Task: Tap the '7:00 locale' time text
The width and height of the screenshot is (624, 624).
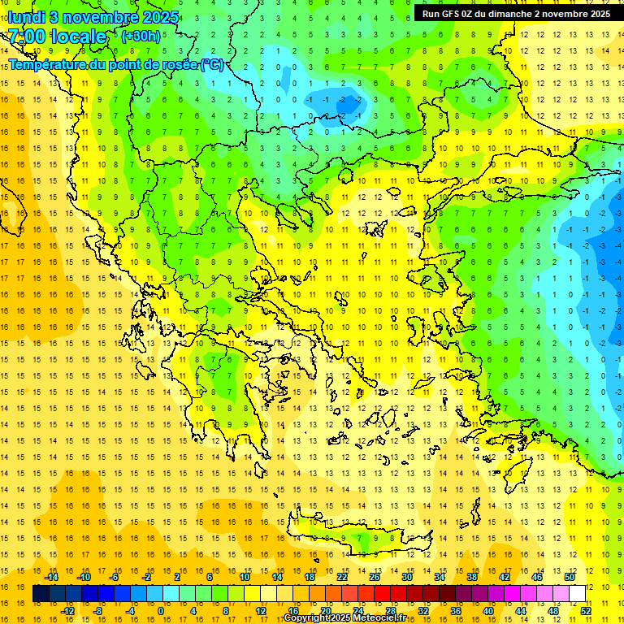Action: pos(57,37)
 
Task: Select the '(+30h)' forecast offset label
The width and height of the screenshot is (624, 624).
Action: pos(140,37)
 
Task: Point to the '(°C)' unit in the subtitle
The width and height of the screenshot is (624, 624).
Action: pos(212,64)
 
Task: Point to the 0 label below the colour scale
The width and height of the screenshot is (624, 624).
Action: pos(160,610)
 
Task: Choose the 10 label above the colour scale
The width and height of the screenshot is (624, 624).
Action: pos(244,577)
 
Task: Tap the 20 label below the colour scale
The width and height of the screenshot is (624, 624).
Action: pos(325,610)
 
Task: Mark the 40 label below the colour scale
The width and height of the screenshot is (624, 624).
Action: pos(487,610)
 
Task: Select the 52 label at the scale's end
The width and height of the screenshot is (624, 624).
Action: pos(587,610)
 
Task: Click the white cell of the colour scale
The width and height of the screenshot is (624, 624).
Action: pos(577,594)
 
